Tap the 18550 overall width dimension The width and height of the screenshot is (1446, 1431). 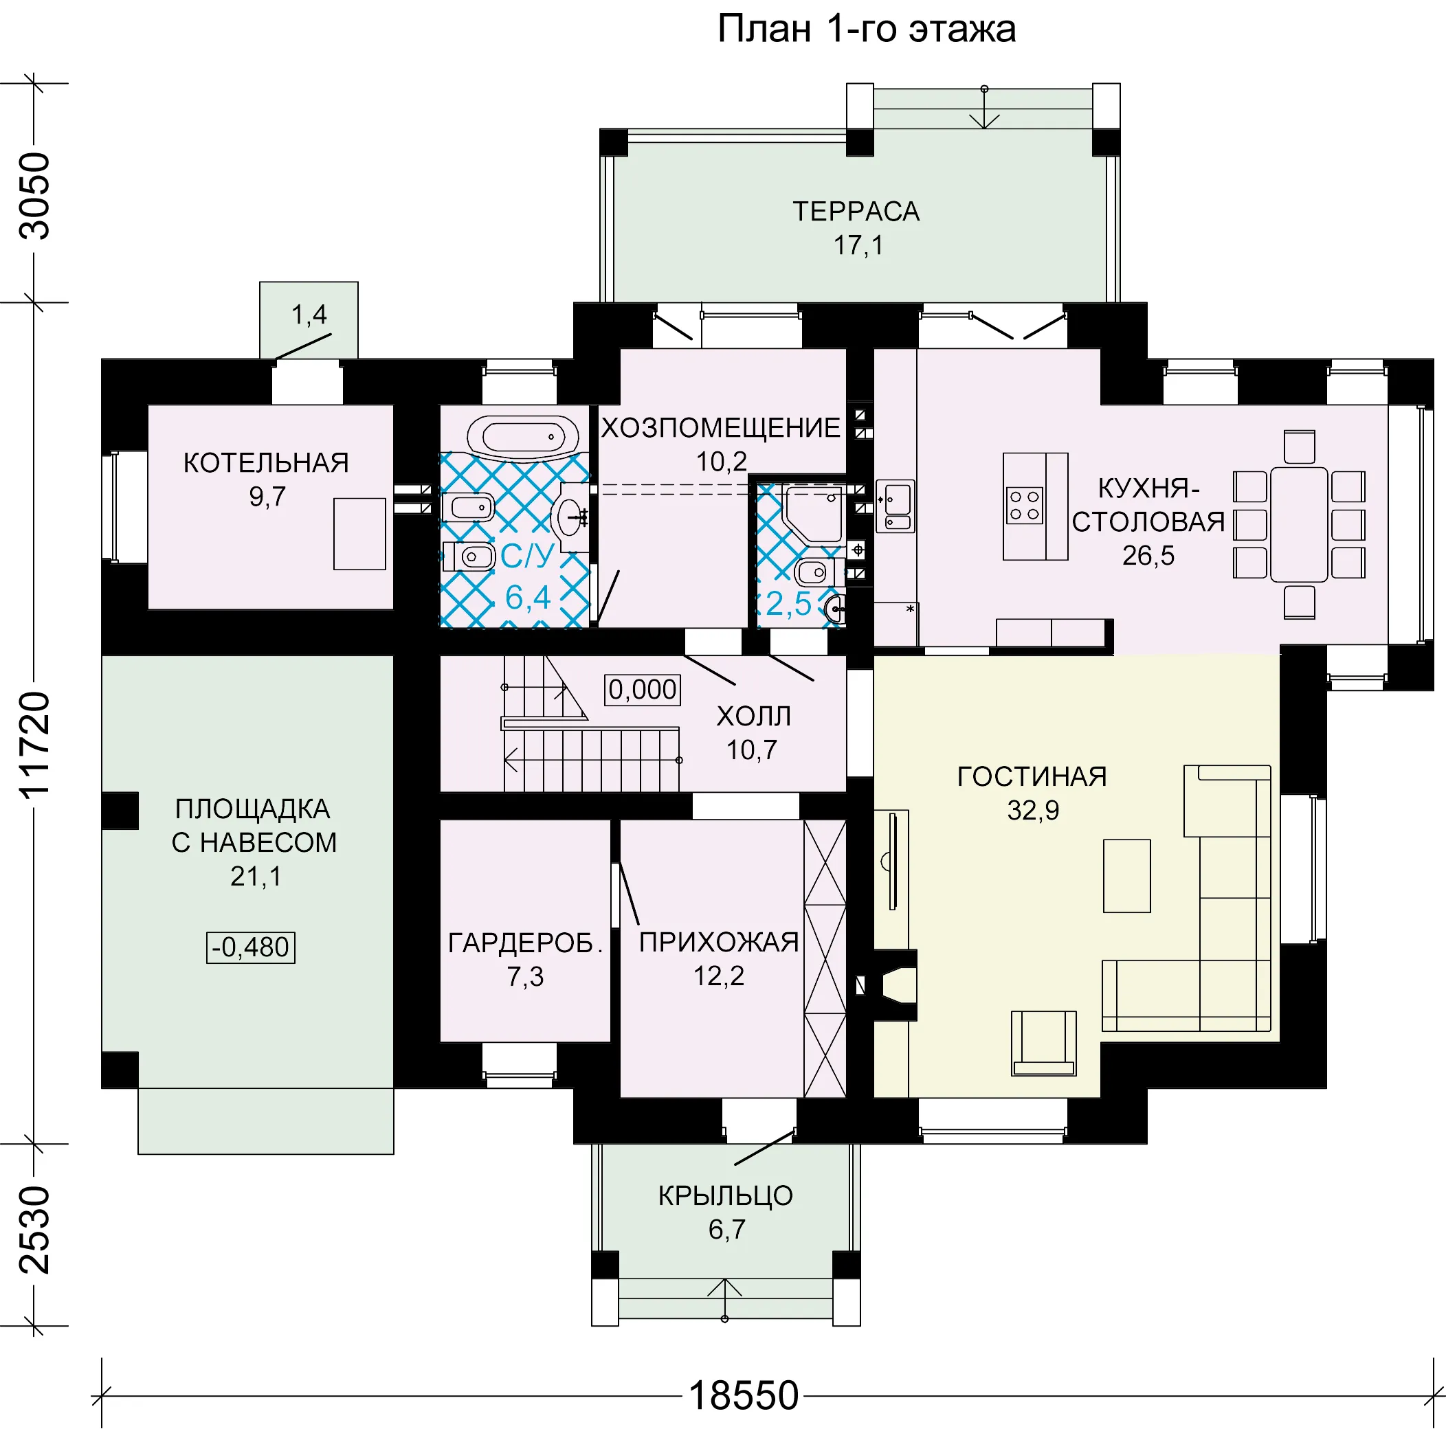click(x=743, y=1396)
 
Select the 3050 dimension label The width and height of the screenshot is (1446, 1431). click(x=35, y=196)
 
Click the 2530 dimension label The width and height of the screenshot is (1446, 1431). click(x=35, y=1230)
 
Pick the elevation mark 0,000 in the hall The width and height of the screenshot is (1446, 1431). click(x=643, y=689)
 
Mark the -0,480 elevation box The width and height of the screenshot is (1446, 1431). click(x=251, y=947)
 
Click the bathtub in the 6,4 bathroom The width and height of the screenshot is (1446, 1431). click(x=523, y=436)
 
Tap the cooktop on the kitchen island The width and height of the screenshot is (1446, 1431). click(x=1025, y=505)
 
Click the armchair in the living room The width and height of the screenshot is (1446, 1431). click(x=1043, y=1044)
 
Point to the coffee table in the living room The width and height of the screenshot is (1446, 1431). click(x=1126, y=876)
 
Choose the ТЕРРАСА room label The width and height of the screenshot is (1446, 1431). click(x=856, y=212)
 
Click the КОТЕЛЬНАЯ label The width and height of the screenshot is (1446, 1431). click(x=267, y=463)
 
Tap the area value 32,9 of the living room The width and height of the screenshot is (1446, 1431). click(x=1033, y=810)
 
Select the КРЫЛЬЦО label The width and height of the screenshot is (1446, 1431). click(x=725, y=1195)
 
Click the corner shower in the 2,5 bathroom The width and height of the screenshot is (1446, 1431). click(x=813, y=514)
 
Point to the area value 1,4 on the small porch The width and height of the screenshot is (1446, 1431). click(x=309, y=314)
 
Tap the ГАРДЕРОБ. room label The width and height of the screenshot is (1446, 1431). click(x=525, y=943)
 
